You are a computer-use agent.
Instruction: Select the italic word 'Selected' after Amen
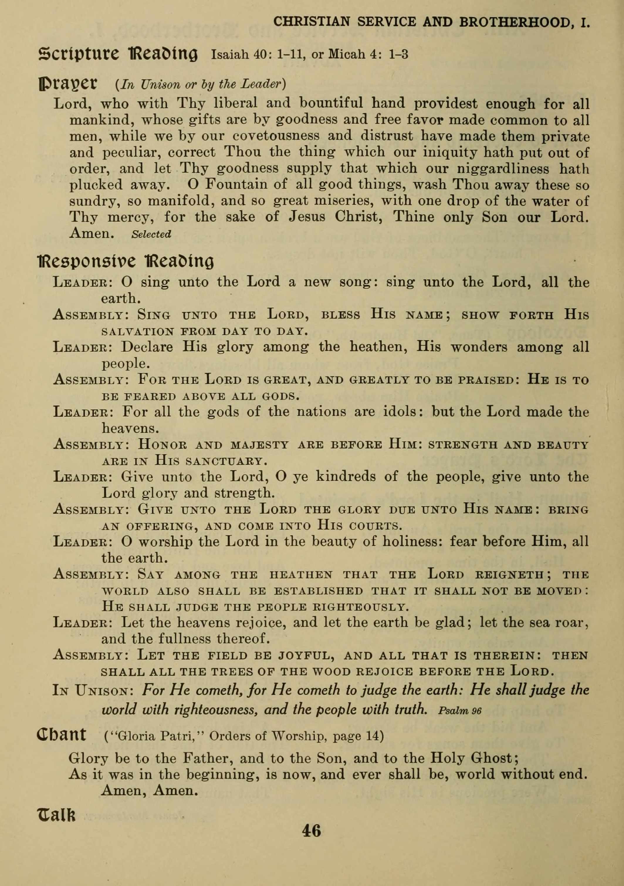(151, 234)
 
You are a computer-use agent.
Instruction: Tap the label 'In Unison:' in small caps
(92, 690)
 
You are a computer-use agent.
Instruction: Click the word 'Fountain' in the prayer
(235, 184)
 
